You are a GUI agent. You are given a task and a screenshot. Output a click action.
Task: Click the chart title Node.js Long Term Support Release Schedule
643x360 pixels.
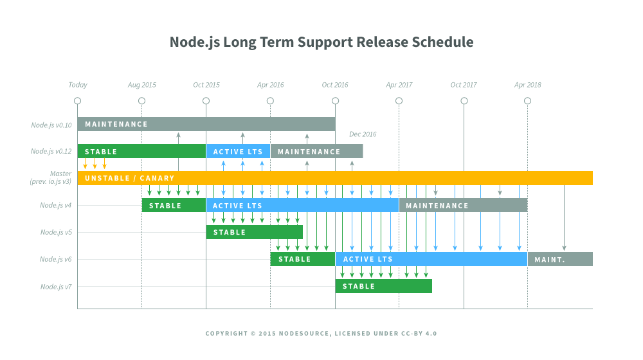point(321,42)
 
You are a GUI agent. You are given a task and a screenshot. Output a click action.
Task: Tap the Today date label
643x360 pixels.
point(78,85)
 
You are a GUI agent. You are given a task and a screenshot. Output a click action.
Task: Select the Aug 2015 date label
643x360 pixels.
point(141,85)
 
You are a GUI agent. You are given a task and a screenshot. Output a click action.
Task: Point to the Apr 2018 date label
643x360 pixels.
point(527,85)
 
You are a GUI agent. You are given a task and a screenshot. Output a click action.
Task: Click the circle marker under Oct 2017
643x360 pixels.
point(464,101)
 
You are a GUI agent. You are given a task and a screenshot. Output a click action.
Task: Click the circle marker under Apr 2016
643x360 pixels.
point(270,101)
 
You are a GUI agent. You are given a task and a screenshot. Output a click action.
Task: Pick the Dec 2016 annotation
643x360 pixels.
point(363,134)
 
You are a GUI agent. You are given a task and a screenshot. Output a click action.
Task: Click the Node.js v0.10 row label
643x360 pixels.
point(51,125)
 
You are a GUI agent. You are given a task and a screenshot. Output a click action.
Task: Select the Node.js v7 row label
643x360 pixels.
point(55,287)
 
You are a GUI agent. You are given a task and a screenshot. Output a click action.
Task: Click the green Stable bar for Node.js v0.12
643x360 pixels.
point(141,152)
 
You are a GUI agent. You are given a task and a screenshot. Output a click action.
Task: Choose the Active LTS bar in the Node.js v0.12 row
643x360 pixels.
point(238,152)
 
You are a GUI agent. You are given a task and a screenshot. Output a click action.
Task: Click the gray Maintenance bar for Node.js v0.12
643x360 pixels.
point(316,152)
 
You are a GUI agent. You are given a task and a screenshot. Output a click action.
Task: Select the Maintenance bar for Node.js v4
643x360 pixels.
point(463,206)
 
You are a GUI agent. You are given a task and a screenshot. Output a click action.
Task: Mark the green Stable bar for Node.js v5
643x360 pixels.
point(254,232)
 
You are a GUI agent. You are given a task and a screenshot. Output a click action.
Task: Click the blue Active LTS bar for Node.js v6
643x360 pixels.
point(431,259)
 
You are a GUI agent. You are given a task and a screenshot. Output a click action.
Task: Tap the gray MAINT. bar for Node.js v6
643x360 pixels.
point(560,259)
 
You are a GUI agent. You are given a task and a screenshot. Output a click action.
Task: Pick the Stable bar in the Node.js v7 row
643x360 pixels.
point(383,286)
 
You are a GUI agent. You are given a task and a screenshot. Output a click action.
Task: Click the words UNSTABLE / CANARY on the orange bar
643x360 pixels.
point(129,178)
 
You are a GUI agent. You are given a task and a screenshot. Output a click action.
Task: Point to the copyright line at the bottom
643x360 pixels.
point(321,334)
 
